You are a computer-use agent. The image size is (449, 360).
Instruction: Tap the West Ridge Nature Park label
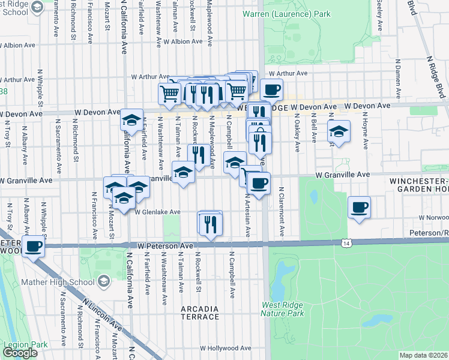click(283, 309)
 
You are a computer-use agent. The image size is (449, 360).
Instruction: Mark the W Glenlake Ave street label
click(157, 212)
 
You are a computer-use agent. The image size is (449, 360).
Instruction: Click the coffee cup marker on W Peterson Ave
click(33, 245)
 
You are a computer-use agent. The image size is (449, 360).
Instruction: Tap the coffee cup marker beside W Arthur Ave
click(271, 89)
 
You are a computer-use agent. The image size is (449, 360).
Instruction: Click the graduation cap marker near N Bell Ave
click(339, 131)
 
